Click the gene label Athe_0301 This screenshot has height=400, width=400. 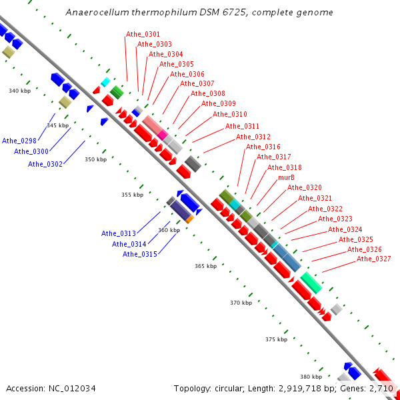[143, 34]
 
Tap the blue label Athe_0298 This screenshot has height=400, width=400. [19, 141]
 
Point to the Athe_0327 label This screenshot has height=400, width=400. [373, 259]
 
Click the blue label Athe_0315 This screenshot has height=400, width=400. [139, 254]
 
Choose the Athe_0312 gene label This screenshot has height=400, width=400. [253, 137]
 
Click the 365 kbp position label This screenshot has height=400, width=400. [206, 266]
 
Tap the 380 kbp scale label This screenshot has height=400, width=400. [311, 377]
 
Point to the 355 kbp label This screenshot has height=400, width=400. [132, 195]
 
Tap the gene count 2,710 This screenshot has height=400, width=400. [382, 388]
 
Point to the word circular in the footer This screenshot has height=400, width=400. [233, 388]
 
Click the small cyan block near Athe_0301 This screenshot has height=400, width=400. [105, 82]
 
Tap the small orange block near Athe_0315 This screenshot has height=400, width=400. [190, 219]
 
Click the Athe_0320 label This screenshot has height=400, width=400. [304, 187]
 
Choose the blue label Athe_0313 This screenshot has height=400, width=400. [118, 233]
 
